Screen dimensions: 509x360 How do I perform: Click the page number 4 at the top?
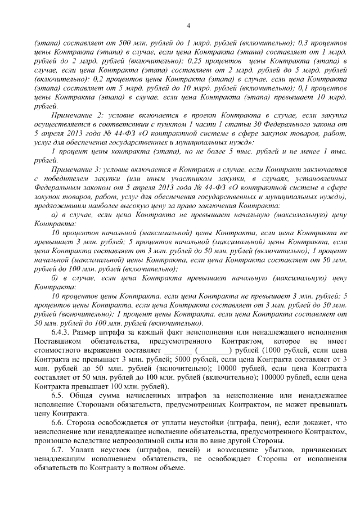coord(188,25)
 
